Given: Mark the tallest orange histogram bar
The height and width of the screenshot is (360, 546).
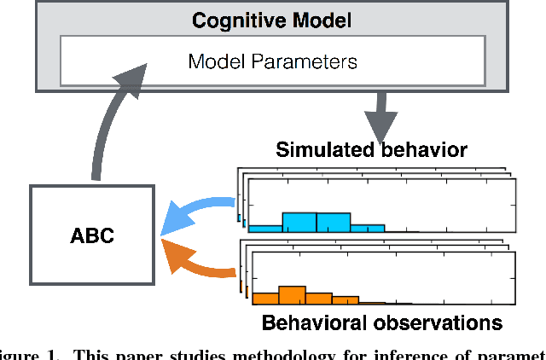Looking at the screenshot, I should (292, 294).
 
